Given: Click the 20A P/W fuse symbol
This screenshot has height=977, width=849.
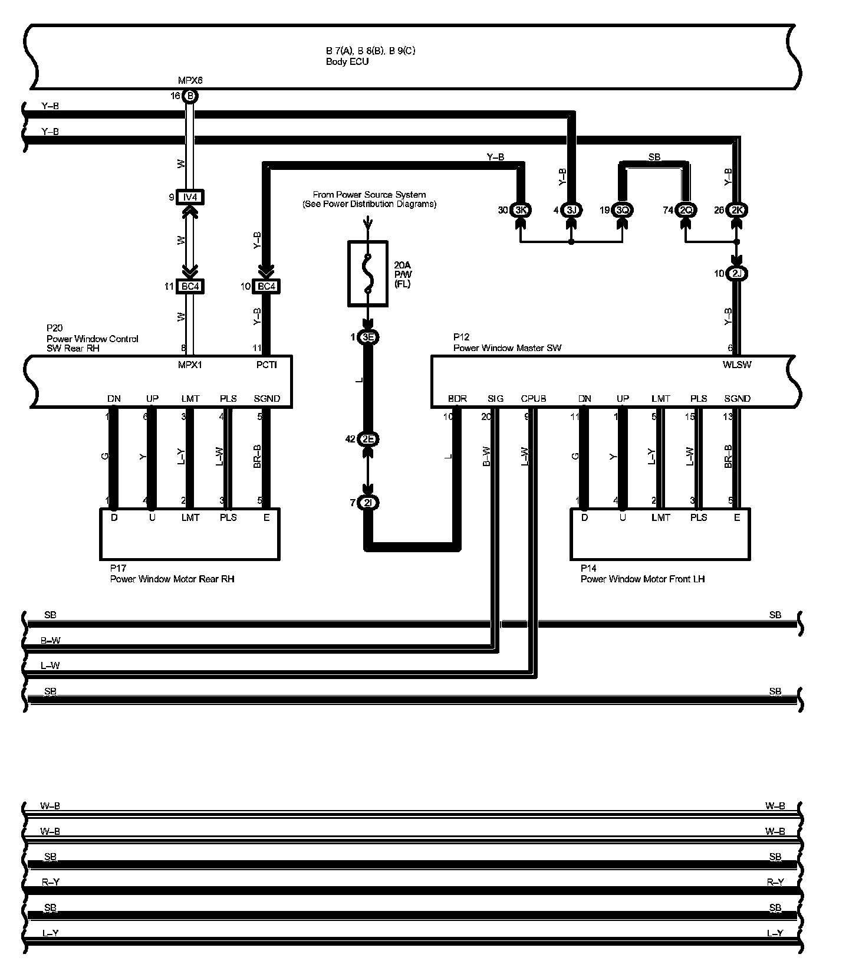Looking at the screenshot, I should tap(367, 273).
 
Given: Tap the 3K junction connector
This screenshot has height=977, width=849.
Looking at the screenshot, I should tap(521, 210).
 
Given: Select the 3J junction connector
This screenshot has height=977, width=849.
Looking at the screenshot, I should tap(571, 210).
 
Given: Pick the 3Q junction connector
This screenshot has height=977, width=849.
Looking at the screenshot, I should tap(623, 210).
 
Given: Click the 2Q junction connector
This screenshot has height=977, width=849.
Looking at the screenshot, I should tap(686, 210).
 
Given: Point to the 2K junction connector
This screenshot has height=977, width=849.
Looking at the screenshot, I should tap(736, 210).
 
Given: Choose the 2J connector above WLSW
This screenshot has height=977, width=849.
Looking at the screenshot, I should tap(736, 274).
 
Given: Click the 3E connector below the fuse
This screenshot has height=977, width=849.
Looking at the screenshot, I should tap(368, 337).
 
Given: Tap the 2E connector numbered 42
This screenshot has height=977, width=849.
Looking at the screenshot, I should tap(368, 439).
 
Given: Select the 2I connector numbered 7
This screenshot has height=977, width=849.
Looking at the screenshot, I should tap(368, 503).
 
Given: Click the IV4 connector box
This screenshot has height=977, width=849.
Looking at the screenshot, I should tap(190, 197).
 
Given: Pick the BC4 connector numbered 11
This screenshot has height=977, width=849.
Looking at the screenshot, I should tap(190, 287).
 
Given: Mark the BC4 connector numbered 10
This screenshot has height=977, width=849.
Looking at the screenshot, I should tap(266, 287).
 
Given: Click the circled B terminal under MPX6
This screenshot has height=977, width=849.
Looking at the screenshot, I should tap(190, 96).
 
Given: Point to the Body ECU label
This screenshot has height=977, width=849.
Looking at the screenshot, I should tap(347, 61).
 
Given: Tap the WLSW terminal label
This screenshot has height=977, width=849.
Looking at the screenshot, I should tap(736, 365).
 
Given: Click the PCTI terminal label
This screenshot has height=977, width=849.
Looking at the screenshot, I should tap(266, 365).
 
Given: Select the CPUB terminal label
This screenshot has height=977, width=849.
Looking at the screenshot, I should tap(533, 399).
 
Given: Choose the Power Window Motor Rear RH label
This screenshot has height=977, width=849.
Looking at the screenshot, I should tap(172, 579).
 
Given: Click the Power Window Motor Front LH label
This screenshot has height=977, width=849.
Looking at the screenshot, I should tap(642, 579).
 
